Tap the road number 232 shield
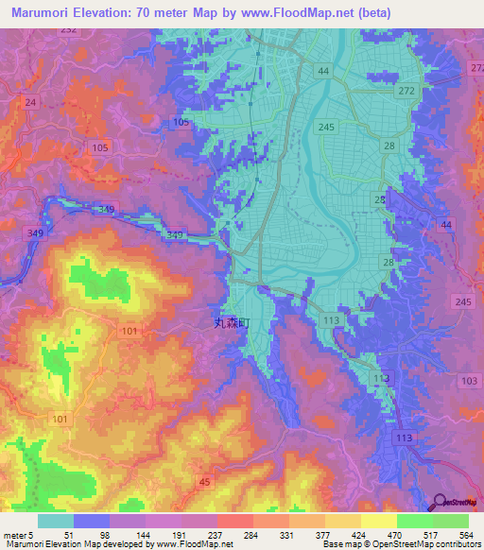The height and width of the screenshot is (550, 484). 94,29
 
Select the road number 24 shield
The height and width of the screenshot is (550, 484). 31,102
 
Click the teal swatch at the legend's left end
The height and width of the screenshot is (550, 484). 56,521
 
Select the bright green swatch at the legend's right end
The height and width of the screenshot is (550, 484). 451,521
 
